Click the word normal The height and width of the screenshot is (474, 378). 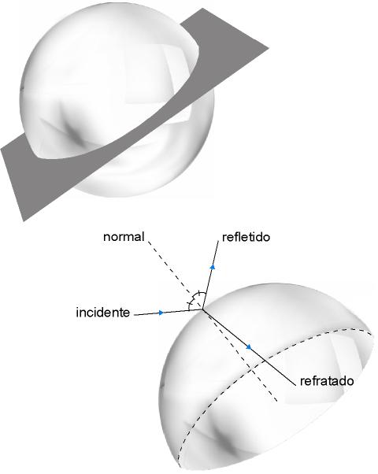(124, 237)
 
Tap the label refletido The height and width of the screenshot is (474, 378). (246, 237)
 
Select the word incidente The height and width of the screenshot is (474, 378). (103, 313)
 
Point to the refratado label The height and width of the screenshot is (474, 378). (327, 381)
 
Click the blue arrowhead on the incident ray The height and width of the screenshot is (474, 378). (161, 313)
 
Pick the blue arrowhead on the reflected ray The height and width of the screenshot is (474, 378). (213, 267)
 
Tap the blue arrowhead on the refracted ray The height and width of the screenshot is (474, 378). (249, 347)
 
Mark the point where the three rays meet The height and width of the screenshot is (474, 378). (202, 309)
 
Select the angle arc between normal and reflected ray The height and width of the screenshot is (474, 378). (199, 295)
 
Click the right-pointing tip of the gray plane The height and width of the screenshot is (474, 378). (269, 48)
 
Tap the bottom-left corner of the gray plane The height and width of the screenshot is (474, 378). (24, 221)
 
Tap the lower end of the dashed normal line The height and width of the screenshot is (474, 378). (277, 401)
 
